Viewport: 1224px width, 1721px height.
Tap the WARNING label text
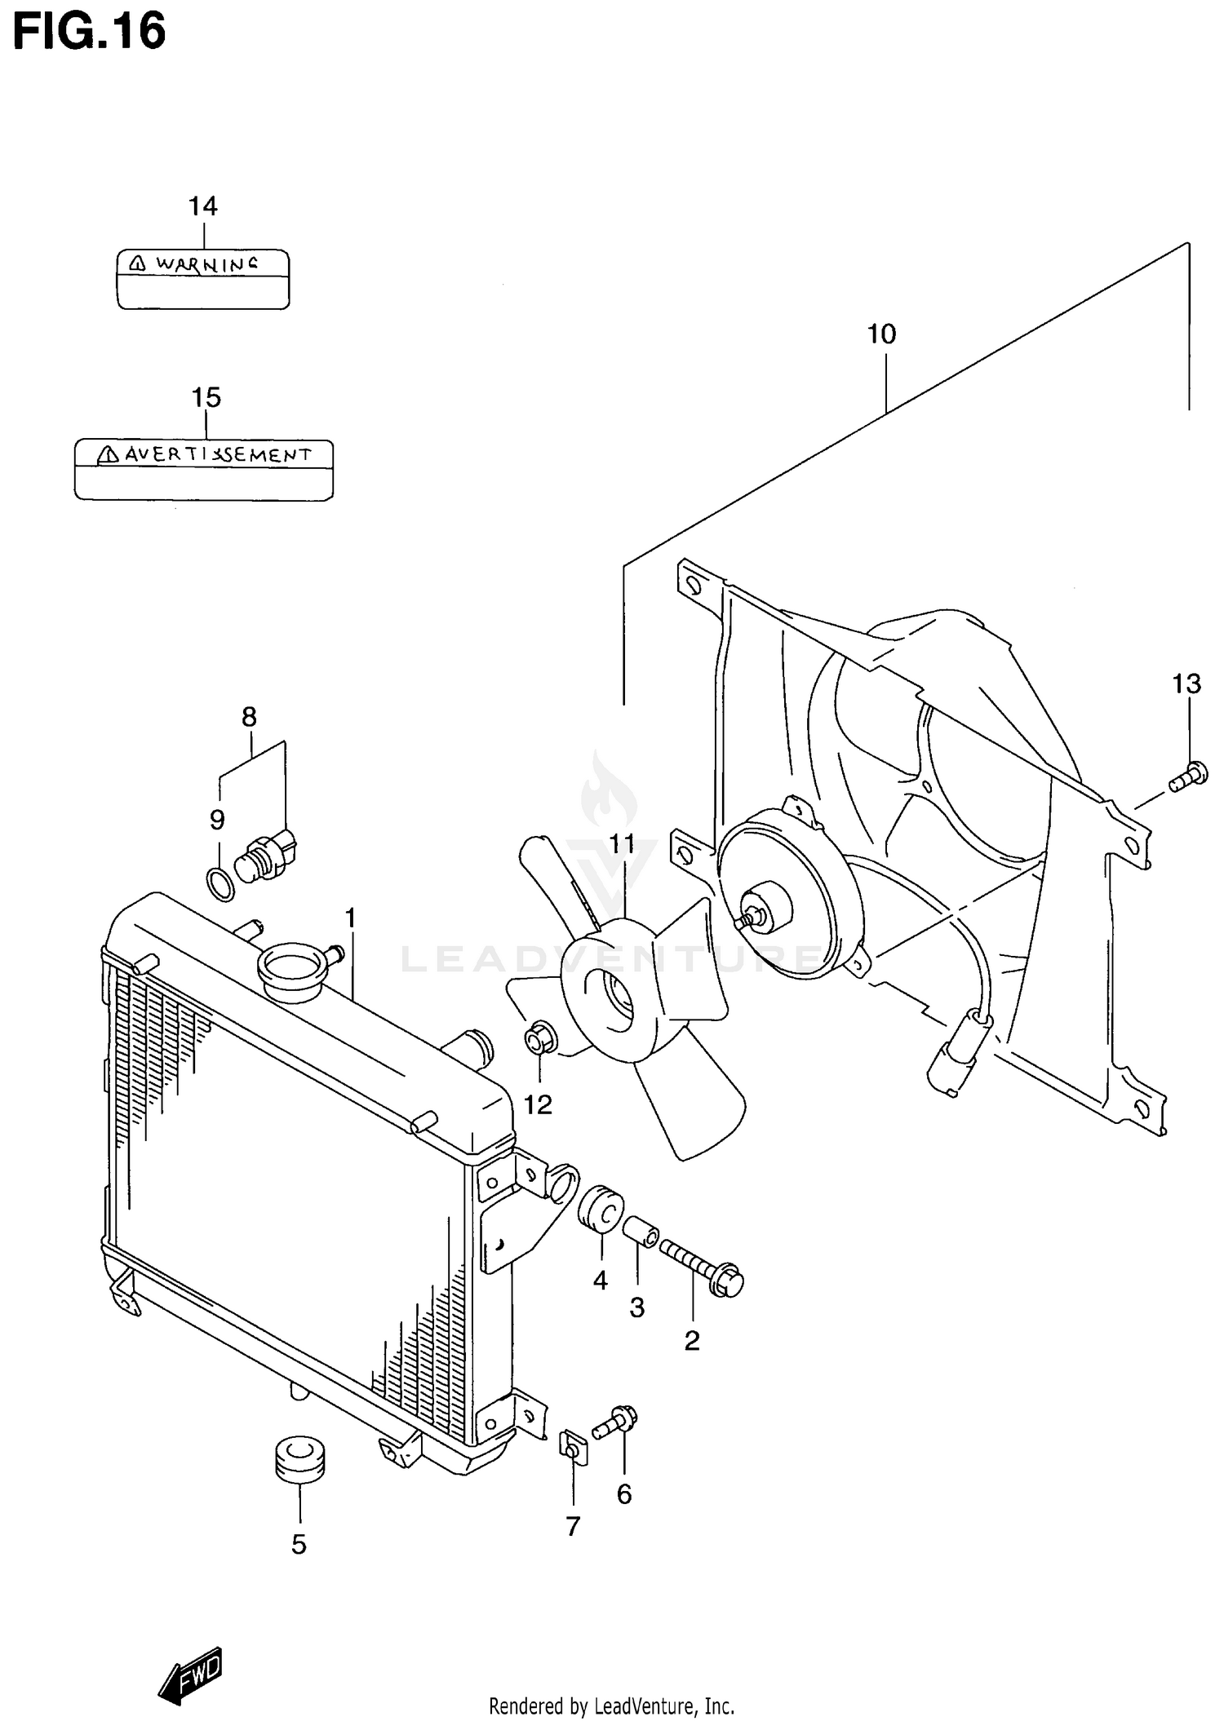coord(206,264)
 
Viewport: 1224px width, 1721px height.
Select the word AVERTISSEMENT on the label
coord(217,455)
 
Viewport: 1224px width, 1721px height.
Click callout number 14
coord(203,206)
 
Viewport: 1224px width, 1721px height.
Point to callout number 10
coord(881,334)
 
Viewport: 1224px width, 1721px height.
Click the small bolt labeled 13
coord(1187,776)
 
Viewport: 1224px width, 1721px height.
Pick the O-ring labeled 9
coord(220,884)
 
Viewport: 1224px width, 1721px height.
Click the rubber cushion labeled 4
coord(601,1210)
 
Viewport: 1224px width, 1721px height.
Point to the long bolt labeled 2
coord(702,1268)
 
